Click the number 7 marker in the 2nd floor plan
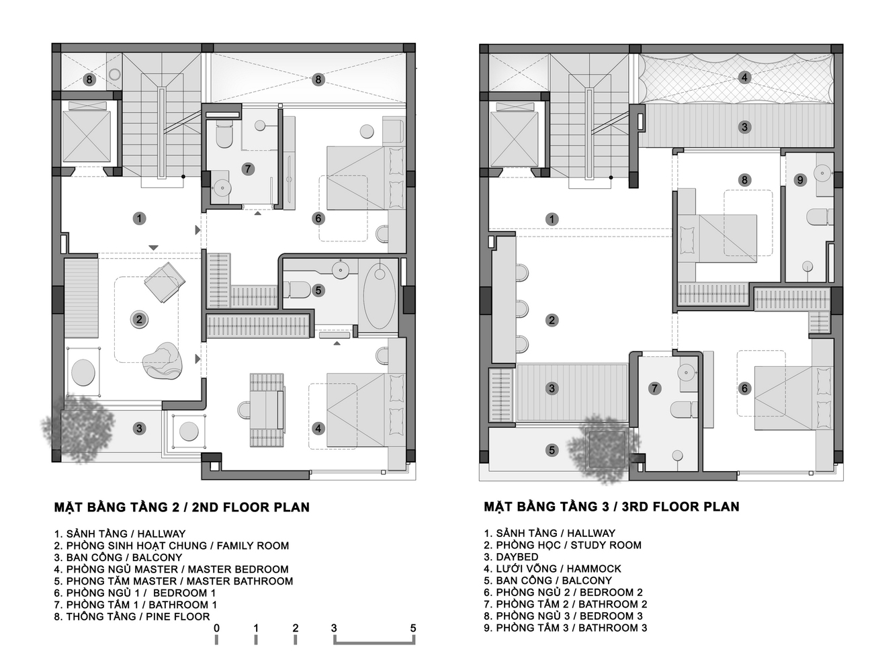click(248, 169)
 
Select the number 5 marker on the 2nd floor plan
click(318, 291)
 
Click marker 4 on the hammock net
click(744, 77)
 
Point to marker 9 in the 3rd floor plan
click(799, 179)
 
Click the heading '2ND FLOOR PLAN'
click(181, 507)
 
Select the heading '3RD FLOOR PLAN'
click(611, 507)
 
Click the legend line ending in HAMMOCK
click(552, 569)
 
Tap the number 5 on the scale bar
click(412, 628)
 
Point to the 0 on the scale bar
click(216, 628)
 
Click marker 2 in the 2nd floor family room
click(139, 319)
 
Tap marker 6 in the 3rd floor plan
click(744, 388)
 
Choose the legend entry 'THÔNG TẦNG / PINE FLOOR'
click(132, 616)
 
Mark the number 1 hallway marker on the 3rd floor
click(552, 219)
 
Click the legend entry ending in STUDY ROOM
click(562, 545)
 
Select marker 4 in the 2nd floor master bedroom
click(318, 428)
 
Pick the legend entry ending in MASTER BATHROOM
click(173, 581)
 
